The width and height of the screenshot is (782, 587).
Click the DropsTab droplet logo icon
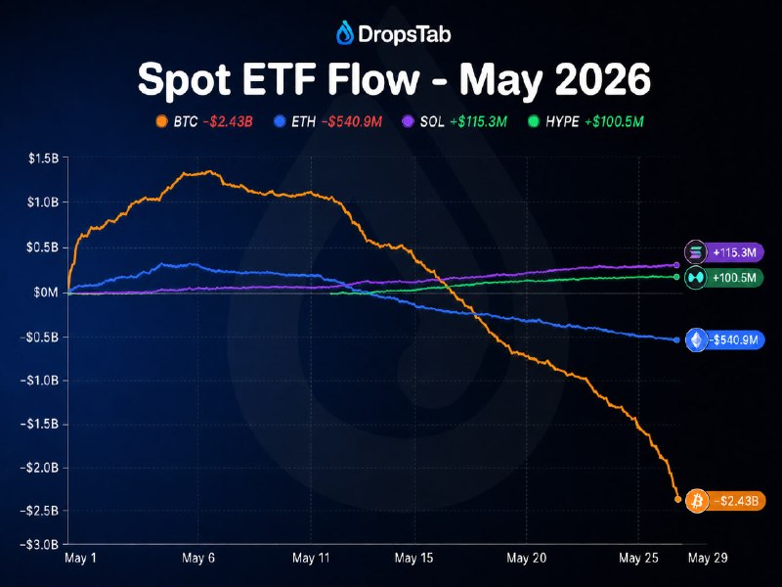(345, 33)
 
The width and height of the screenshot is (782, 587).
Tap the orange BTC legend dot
(161, 121)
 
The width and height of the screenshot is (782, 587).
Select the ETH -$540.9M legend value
(352, 121)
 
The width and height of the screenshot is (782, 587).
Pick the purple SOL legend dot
(408, 121)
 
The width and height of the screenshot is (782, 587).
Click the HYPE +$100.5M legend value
(614, 121)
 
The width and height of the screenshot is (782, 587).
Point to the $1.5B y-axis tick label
(43, 158)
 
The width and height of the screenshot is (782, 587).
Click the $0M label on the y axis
(46, 292)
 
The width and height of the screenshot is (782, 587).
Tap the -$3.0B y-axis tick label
(39, 544)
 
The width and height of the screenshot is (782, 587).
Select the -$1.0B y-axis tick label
(39, 381)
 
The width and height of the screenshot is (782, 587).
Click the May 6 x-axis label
(198, 558)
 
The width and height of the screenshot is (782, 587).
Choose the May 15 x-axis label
(413, 558)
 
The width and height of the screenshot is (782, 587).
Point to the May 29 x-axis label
(708, 558)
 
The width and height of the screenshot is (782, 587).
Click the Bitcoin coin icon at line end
(697, 500)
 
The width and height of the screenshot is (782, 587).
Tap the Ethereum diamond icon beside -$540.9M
(697, 340)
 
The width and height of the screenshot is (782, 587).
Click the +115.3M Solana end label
(735, 252)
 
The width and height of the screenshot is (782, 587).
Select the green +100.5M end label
(735, 278)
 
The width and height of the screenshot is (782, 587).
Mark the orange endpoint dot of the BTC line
(677, 499)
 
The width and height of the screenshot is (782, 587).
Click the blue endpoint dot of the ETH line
(676, 339)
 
